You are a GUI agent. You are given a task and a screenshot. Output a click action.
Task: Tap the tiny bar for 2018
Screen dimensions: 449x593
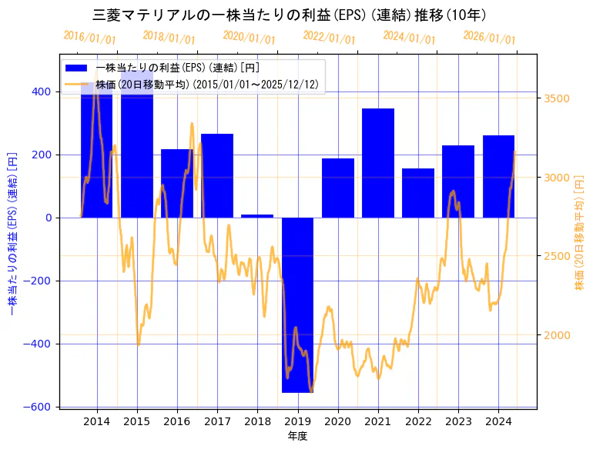click(257, 216)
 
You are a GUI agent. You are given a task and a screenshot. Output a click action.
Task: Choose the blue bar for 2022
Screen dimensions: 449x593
click(418, 193)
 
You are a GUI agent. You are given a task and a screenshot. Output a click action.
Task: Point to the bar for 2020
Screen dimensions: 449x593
click(338, 188)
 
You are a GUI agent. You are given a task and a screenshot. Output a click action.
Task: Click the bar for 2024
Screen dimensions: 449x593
click(498, 176)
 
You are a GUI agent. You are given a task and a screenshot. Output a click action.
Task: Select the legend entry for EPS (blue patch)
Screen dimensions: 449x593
click(79, 68)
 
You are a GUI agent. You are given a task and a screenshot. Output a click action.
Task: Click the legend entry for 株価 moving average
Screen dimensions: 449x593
click(79, 85)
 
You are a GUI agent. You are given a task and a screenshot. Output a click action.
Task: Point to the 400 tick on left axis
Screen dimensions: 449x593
click(42, 91)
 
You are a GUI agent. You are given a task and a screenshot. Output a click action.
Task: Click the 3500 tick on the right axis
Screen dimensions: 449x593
click(557, 98)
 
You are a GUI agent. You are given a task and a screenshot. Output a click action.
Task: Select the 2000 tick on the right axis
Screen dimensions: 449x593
click(557, 335)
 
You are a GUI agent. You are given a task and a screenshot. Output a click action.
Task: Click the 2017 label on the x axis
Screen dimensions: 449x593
click(217, 421)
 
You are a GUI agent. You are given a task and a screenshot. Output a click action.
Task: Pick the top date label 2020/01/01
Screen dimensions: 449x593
click(249, 38)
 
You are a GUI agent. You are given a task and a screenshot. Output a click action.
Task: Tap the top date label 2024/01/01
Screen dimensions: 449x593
click(409, 38)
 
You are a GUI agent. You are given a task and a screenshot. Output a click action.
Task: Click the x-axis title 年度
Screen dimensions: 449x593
click(297, 436)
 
